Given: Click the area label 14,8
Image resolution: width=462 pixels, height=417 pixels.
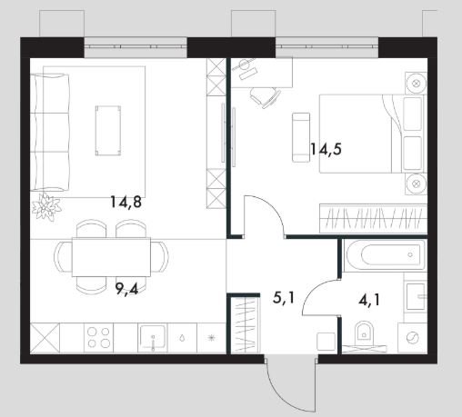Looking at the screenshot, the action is (126, 202).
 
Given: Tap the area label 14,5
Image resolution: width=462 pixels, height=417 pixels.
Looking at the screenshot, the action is (326, 149).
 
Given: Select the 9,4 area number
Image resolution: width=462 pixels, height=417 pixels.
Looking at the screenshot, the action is (126, 289).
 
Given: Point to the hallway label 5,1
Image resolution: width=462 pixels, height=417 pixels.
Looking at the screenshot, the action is (284, 298).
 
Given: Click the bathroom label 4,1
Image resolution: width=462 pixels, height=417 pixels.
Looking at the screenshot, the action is (369, 301).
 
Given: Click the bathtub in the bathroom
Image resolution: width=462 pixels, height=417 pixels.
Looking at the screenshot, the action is (385, 255).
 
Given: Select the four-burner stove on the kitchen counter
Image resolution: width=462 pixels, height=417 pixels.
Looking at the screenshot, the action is (98, 338).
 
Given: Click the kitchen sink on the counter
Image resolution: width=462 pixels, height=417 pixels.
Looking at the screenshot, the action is (153, 337).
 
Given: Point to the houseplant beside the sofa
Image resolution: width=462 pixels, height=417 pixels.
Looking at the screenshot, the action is (46, 207).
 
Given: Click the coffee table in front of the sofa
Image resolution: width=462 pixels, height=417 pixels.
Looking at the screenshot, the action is (108, 131).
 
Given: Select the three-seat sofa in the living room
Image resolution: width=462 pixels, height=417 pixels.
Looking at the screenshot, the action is (50, 133).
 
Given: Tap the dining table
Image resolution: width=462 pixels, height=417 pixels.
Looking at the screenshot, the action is (111, 257).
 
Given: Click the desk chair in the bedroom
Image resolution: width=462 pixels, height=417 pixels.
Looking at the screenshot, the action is (266, 95).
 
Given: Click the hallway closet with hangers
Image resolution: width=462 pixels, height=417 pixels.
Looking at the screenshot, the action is (246, 325).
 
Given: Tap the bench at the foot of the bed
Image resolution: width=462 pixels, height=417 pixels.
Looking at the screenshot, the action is (301, 137).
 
